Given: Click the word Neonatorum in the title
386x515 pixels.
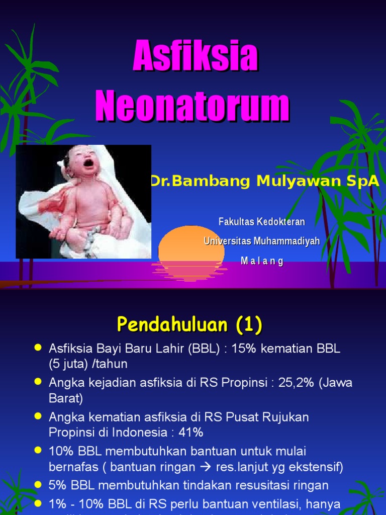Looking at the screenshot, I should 192,106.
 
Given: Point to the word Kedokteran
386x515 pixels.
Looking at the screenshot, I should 281,222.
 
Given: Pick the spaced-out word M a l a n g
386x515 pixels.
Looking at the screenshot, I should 262,261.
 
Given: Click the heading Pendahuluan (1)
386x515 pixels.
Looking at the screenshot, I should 189,325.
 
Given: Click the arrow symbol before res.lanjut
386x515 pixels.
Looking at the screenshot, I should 205,467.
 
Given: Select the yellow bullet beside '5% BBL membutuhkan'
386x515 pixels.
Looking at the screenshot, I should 37,485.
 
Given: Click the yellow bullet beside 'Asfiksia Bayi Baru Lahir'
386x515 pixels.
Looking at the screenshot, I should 37,349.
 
